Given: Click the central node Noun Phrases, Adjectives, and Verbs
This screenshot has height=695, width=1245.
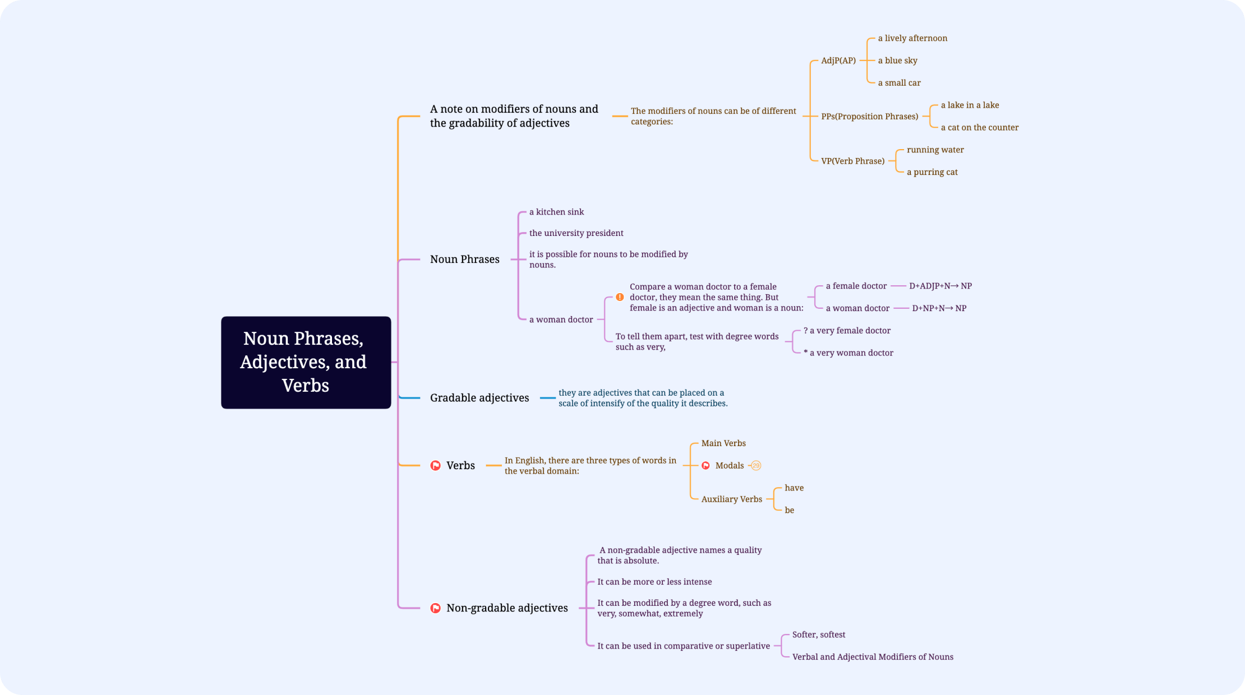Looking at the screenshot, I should tap(306, 362).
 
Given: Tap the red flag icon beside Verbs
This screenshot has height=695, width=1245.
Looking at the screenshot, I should tap(435, 466).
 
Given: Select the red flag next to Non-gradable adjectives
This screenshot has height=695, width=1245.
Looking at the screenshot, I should tap(435, 608).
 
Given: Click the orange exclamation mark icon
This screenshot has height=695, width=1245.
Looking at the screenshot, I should tap(620, 297).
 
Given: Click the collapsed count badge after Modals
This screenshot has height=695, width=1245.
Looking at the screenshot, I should tap(756, 466).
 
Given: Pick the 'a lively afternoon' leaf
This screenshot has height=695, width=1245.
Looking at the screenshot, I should tap(912, 38).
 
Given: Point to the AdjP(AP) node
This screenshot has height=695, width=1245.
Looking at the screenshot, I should tap(838, 61).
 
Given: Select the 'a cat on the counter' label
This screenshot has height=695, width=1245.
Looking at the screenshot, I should tap(979, 127).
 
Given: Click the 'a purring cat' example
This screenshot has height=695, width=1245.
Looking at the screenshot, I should tap(932, 172).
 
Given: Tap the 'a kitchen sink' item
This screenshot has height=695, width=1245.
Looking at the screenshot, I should tap(556, 212).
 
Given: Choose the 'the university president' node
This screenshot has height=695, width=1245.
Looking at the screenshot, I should tap(576, 233).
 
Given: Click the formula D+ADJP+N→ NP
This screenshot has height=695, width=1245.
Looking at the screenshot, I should tap(940, 286).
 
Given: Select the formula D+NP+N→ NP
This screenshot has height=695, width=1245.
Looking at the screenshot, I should tap(939, 308).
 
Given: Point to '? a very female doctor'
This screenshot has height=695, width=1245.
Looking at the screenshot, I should tap(847, 331).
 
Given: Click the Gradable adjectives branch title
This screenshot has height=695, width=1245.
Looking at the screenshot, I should tap(479, 398).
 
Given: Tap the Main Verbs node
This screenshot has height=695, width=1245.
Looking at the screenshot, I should tap(723, 443).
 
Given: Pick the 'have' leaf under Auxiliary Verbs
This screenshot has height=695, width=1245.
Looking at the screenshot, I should tap(794, 488).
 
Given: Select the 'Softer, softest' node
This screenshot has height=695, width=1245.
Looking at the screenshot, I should tap(818, 634).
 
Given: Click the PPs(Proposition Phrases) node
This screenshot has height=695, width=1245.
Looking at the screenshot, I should tap(869, 117).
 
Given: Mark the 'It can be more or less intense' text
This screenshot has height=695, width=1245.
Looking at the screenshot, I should tap(654, 582).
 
